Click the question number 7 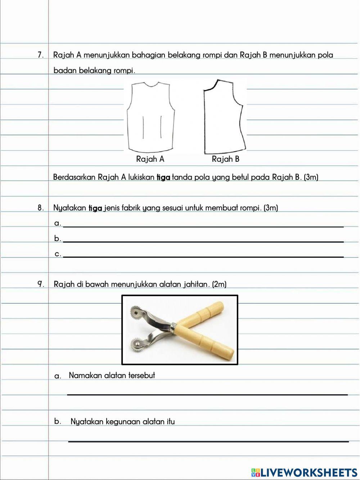[x=40, y=55]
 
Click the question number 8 [x=40, y=208]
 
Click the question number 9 [x=41, y=284]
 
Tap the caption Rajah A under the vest [x=150, y=159]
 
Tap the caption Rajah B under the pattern [x=225, y=159]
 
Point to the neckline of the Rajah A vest [x=152, y=85]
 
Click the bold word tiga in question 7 [x=163, y=177]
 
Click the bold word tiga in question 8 [x=95, y=208]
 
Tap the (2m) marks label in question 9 [x=219, y=284]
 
